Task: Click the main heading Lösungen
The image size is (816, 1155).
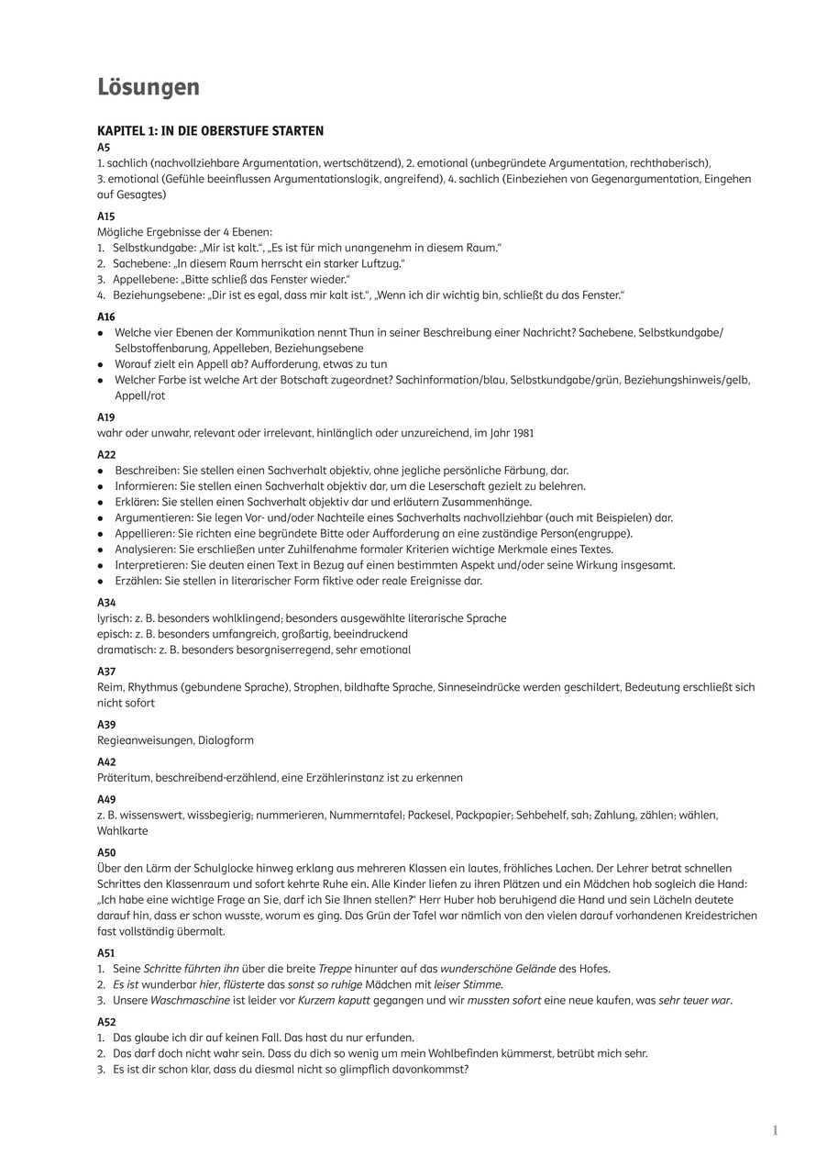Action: coord(149,87)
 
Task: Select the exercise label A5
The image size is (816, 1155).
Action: coord(104,147)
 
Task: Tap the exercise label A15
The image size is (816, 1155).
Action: coord(106,217)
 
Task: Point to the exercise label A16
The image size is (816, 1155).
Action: coord(106,317)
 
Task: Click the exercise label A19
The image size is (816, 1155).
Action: coord(106,416)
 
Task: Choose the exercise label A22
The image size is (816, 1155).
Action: coord(106,455)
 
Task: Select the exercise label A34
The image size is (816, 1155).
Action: coord(106,603)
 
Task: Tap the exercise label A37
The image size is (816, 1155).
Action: coord(106,672)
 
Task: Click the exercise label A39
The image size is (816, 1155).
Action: coord(106,725)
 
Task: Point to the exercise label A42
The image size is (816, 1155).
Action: coord(106,762)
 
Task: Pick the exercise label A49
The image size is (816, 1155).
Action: coord(106,800)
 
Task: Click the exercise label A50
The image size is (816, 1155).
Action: coord(106,853)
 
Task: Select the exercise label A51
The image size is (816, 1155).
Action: coord(106,953)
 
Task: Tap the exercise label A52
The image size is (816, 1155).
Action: coord(106,1022)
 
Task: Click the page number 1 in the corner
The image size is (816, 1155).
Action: coord(775,1130)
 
